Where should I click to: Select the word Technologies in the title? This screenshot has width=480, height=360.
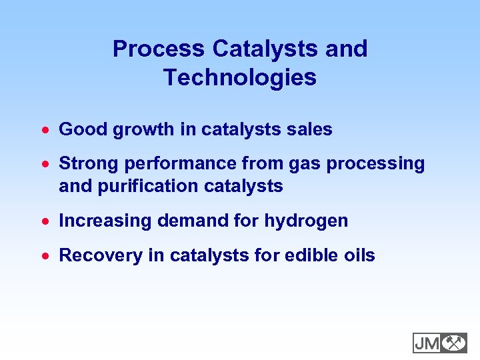[240, 78]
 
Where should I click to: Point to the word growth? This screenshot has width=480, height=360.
[144, 129]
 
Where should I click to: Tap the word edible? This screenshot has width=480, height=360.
[303, 256]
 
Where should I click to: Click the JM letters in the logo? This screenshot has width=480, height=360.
[427, 343]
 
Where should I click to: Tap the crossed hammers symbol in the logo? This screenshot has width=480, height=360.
[454, 343]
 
